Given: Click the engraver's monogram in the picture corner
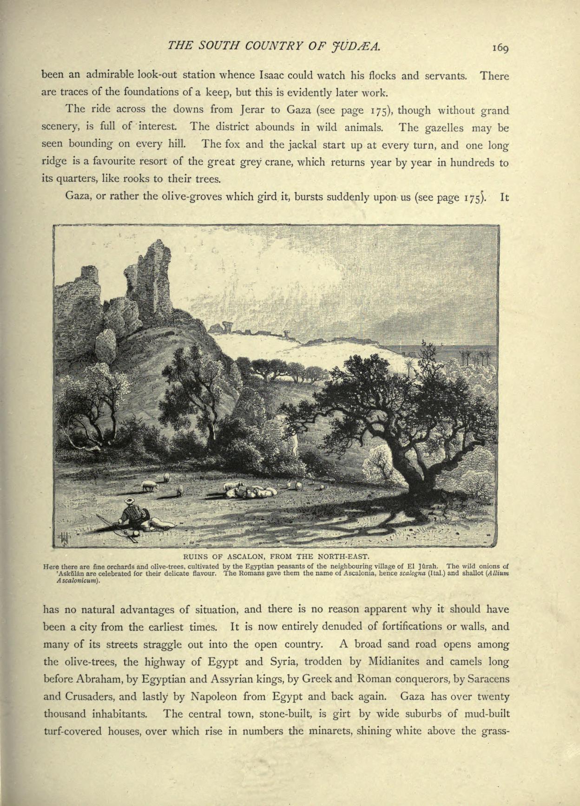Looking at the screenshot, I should (x=65, y=538).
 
